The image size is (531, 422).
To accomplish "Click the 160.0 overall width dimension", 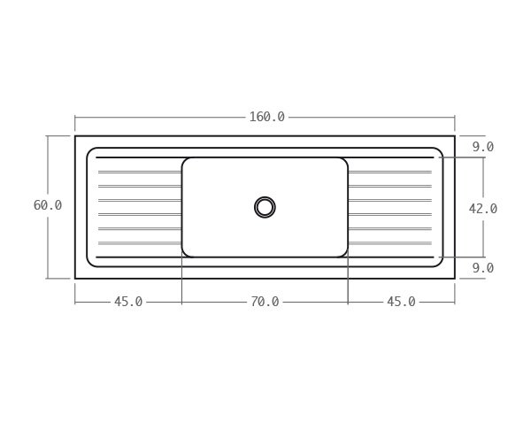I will point(266,117).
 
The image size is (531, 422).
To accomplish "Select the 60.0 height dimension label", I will point(48,205).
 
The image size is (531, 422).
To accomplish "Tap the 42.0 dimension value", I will point(482,209).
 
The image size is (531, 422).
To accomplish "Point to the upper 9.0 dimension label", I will point(482,147).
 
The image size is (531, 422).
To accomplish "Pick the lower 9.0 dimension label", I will point(482,268).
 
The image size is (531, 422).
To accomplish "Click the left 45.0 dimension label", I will point(128,302).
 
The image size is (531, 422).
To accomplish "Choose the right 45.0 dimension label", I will point(401,302).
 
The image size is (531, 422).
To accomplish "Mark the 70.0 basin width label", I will point(265,302).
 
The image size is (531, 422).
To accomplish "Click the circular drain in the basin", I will point(265,207).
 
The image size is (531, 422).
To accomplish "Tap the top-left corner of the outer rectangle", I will point(75,136).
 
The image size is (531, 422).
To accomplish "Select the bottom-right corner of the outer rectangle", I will point(455,279).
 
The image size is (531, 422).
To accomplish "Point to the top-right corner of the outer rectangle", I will point(455,136).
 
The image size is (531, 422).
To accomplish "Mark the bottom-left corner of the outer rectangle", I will point(75,279).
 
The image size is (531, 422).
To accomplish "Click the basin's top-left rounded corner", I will point(185,161).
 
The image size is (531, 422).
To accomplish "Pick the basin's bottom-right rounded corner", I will point(345,254).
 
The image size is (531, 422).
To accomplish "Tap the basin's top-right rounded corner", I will point(345,161).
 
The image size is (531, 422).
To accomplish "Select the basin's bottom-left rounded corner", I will point(185,254).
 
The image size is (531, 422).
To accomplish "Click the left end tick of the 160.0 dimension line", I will point(75,117).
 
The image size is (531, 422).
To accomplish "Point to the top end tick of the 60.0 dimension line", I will point(48,136).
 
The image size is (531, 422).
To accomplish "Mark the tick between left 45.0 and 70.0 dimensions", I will point(181,302).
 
